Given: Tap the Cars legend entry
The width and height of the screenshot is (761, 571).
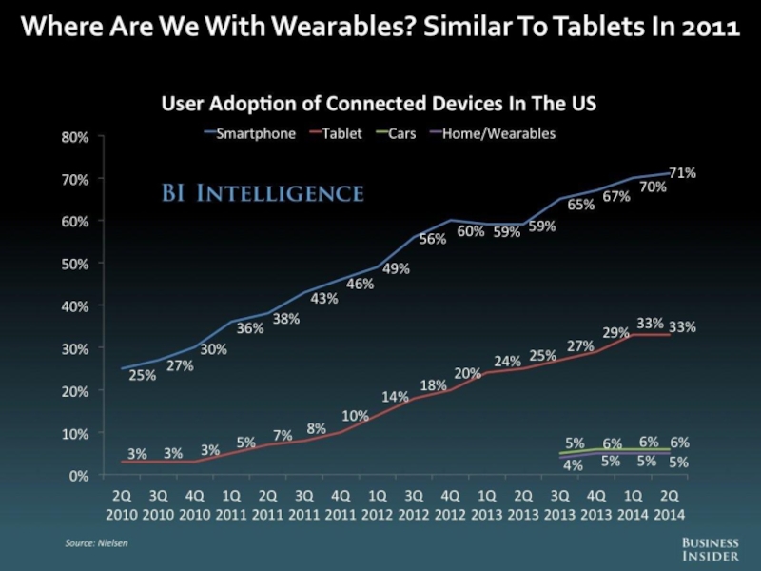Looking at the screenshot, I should (x=396, y=134).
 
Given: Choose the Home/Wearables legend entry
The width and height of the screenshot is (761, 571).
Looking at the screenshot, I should (x=494, y=134).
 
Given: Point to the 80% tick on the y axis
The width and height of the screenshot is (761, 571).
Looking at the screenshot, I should (x=75, y=136).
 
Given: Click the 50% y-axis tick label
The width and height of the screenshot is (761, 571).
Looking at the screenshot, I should (x=75, y=263).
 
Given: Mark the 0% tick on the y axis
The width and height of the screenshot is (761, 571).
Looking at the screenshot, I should (x=79, y=475).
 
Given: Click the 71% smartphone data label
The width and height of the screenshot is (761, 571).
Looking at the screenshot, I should (x=681, y=173).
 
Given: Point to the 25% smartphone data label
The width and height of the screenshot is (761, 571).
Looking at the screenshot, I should (x=142, y=376).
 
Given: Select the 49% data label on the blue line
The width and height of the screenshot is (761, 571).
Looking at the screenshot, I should (x=396, y=269).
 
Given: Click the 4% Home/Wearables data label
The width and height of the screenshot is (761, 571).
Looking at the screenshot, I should (x=573, y=464).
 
